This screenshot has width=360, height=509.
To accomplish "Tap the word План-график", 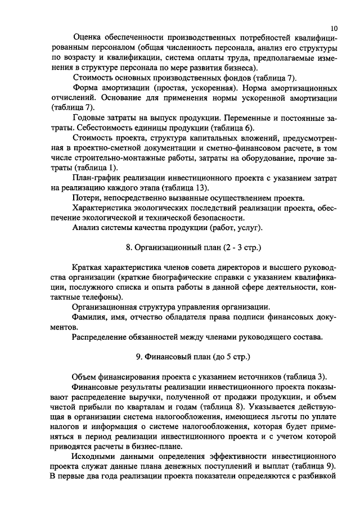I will tap(96, 178).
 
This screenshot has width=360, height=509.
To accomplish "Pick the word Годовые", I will tap(90, 118).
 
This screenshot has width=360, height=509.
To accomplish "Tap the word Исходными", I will tap(94, 457).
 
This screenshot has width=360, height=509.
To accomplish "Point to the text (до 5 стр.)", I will tap(232, 357).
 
